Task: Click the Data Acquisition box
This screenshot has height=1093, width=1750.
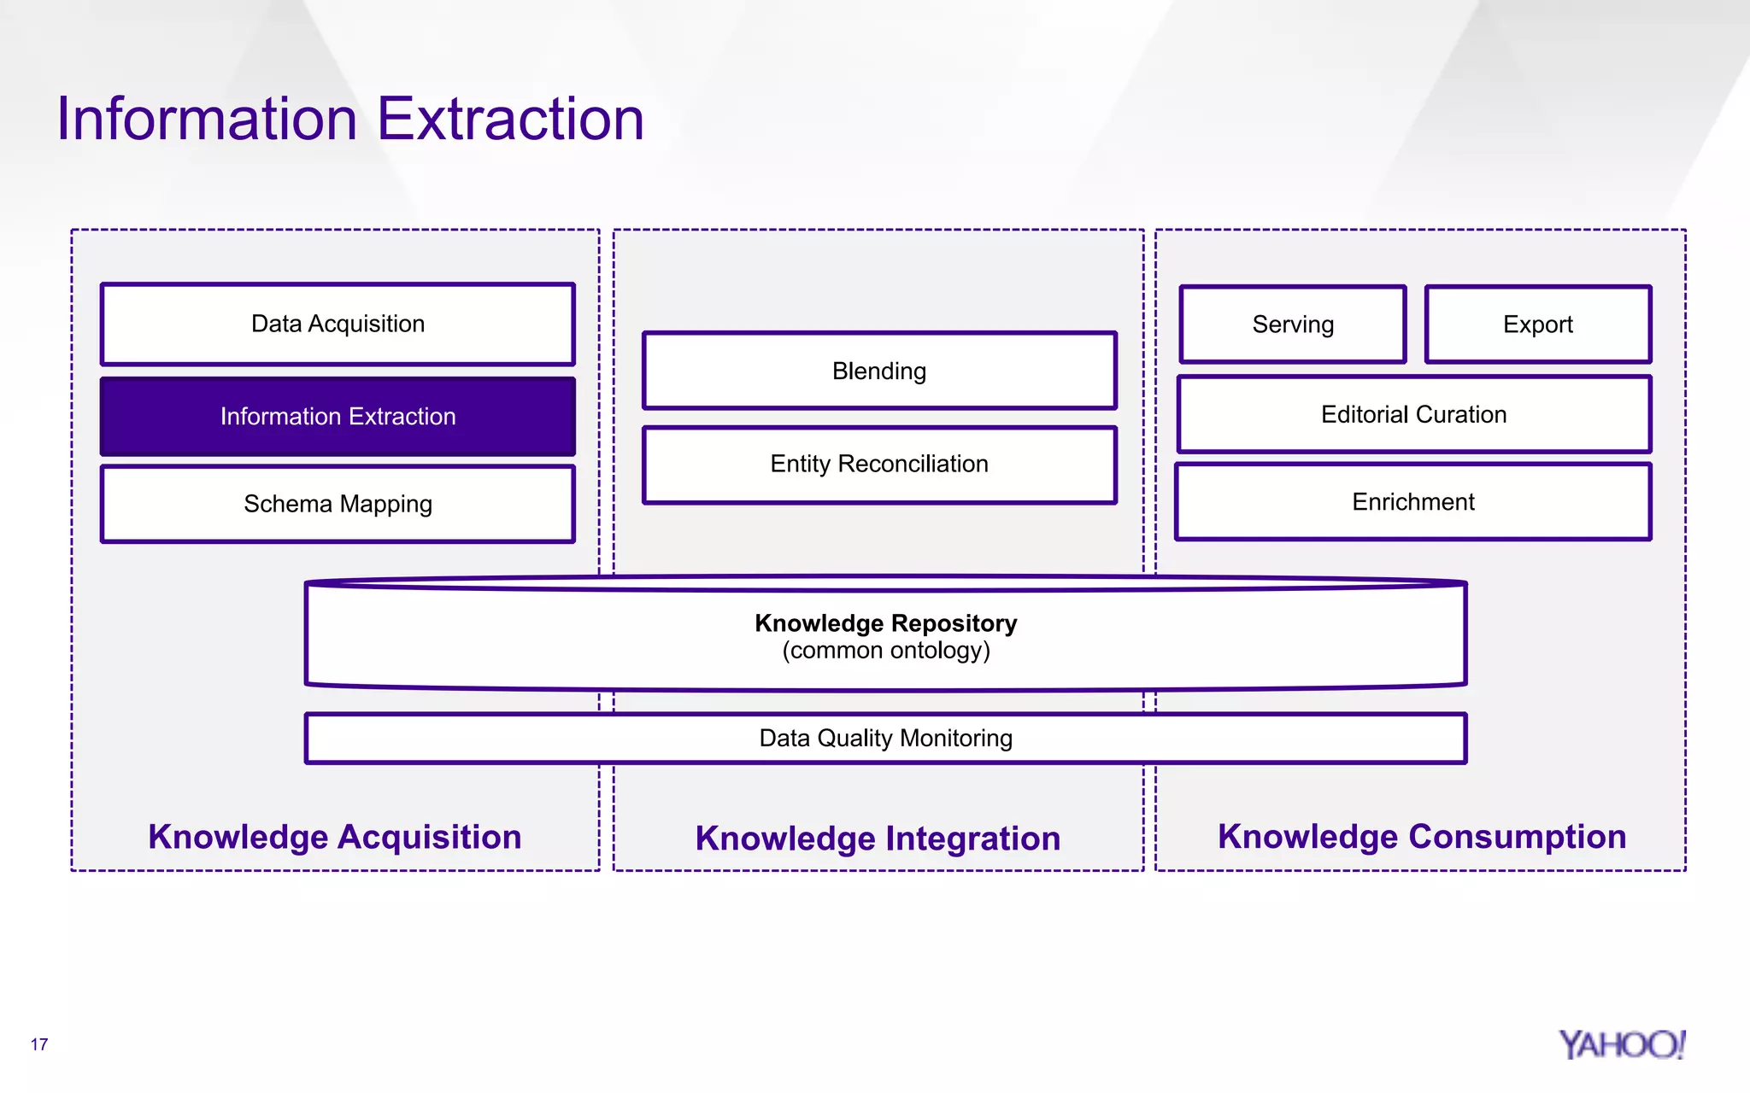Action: click(338, 324)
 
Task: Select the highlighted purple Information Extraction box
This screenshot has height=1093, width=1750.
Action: click(338, 417)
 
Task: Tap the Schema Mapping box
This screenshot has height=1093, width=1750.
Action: click(338, 504)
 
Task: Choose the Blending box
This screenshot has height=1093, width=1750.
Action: click(879, 371)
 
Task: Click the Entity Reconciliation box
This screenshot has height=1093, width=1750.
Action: click(879, 465)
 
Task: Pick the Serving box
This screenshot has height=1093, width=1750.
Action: click(1293, 324)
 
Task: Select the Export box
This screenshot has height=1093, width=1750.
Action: click(1538, 324)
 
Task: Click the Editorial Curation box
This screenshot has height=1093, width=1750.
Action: click(1414, 415)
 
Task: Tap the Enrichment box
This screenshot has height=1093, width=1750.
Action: click(1413, 502)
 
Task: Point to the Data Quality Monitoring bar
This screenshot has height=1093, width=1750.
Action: click(886, 738)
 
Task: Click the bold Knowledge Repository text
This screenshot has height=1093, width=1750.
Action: click(886, 623)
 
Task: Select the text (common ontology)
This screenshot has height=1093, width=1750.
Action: click(886, 651)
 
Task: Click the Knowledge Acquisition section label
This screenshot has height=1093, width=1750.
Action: click(335, 837)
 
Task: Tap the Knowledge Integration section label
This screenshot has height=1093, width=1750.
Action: click(878, 839)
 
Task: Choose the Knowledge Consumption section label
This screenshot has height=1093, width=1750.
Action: click(1422, 837)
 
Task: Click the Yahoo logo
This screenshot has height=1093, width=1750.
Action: click(1621, 1044)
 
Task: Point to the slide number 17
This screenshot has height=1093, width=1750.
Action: click(39, 1044)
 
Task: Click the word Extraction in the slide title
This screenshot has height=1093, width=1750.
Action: click(510, 120)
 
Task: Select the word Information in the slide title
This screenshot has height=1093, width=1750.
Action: click(207, 120)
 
